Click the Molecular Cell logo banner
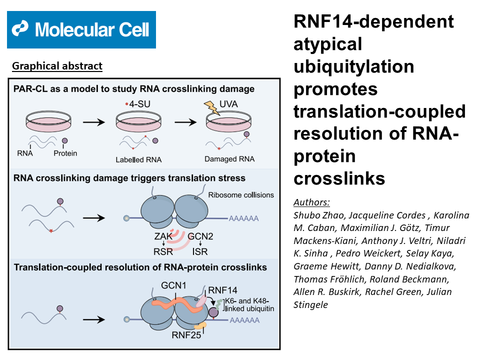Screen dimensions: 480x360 [x=81, y=29]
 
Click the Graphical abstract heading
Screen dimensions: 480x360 [x=57, y=66]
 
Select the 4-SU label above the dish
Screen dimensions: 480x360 [x=138, y=104]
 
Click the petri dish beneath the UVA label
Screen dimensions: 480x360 [x=228, y=121]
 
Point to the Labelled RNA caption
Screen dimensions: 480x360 [x=138, y=159]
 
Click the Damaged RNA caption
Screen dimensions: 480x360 [x=229, y=159]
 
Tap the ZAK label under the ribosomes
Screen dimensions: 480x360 [x=163, y=236]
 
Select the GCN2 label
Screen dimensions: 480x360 [x=200, y=236]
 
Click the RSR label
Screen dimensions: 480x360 [x=163, y=251]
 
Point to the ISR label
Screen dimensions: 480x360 [x=200, y=251]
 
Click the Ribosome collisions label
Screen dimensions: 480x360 [x=241, y=195]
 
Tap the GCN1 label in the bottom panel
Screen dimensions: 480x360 [x=173, y=285]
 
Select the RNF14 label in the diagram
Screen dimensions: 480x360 [x=222, y=290]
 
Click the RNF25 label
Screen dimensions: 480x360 [x=186, y=335]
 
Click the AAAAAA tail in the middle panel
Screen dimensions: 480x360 [x=243, y=218]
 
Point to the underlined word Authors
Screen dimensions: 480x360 [x=311, y=202]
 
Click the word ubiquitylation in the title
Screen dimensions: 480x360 [x=354, y=66]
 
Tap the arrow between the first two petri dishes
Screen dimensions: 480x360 [x=94, y=122]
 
